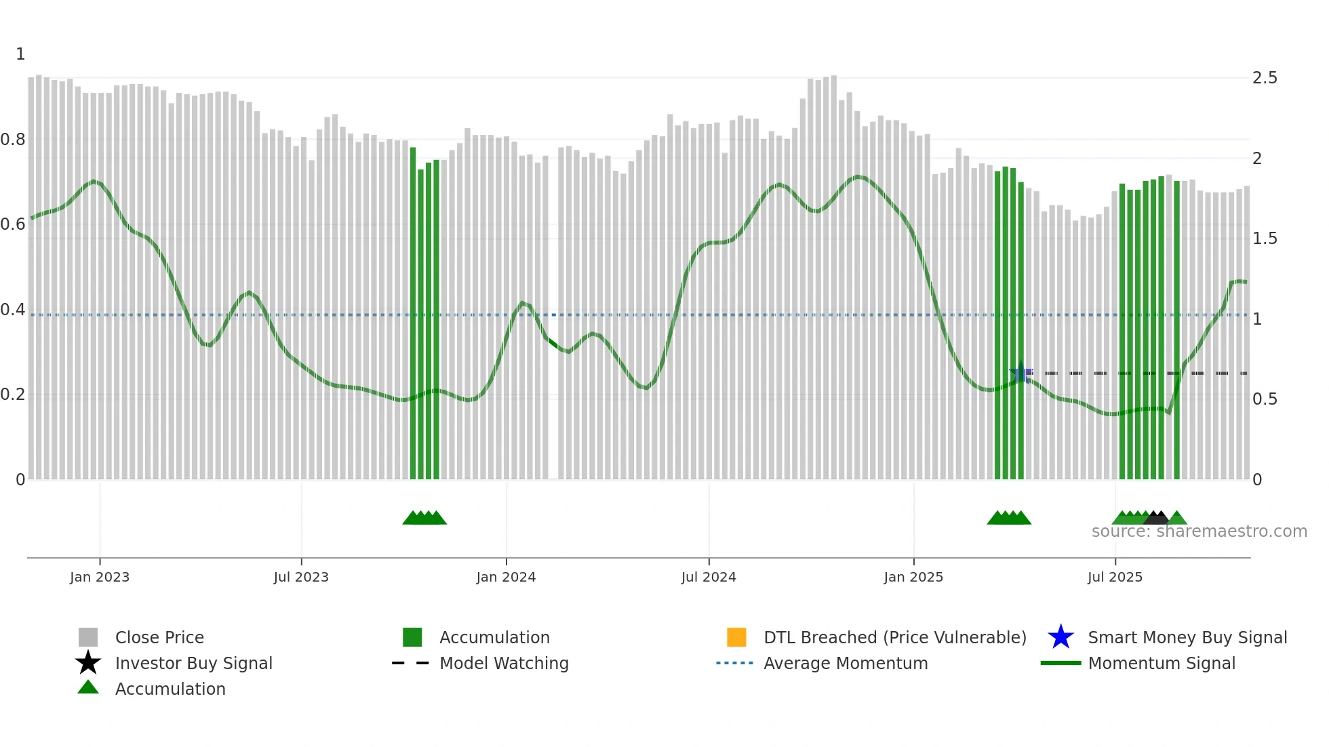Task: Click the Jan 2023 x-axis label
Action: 100,577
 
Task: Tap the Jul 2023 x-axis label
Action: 301,577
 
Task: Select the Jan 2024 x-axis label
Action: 506,577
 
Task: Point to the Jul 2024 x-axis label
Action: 709,577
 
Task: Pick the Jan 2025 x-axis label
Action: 913,577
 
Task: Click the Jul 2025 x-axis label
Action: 1115,577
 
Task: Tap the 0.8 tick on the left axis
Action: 13,140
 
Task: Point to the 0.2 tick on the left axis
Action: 13,395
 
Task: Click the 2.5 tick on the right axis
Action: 1265,78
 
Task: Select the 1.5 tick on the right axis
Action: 1265,239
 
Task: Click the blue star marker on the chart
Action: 1020,373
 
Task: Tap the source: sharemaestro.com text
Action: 1199,531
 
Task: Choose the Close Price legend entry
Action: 159,637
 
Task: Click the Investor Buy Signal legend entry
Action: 193,663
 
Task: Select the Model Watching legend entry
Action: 504,663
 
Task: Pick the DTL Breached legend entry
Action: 894,637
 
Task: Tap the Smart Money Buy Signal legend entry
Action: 1187,637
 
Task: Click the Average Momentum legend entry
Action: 846,663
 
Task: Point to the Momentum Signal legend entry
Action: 1162,663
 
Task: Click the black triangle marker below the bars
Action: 1157,518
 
